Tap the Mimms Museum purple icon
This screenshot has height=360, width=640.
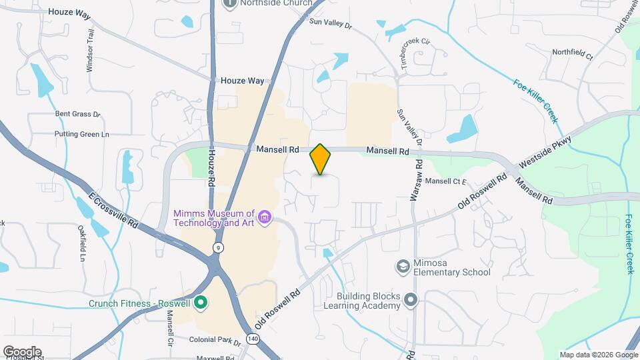[x=265, y=217]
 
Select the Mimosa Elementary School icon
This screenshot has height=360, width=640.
[x=403, y=267]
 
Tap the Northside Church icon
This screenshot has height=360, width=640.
[x=230, y=4]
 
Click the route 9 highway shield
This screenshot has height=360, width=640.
[x=218, y=247]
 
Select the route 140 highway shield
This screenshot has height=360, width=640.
[x=252, y=339]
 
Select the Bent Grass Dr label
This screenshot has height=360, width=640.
[x=77, y=114]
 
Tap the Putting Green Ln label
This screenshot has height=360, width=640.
[x=81, y=134]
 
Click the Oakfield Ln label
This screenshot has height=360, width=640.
[x=83, y=243]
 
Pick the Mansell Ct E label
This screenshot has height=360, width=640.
[x=446, y=181]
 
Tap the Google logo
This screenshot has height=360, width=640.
[x=22, y=351]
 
